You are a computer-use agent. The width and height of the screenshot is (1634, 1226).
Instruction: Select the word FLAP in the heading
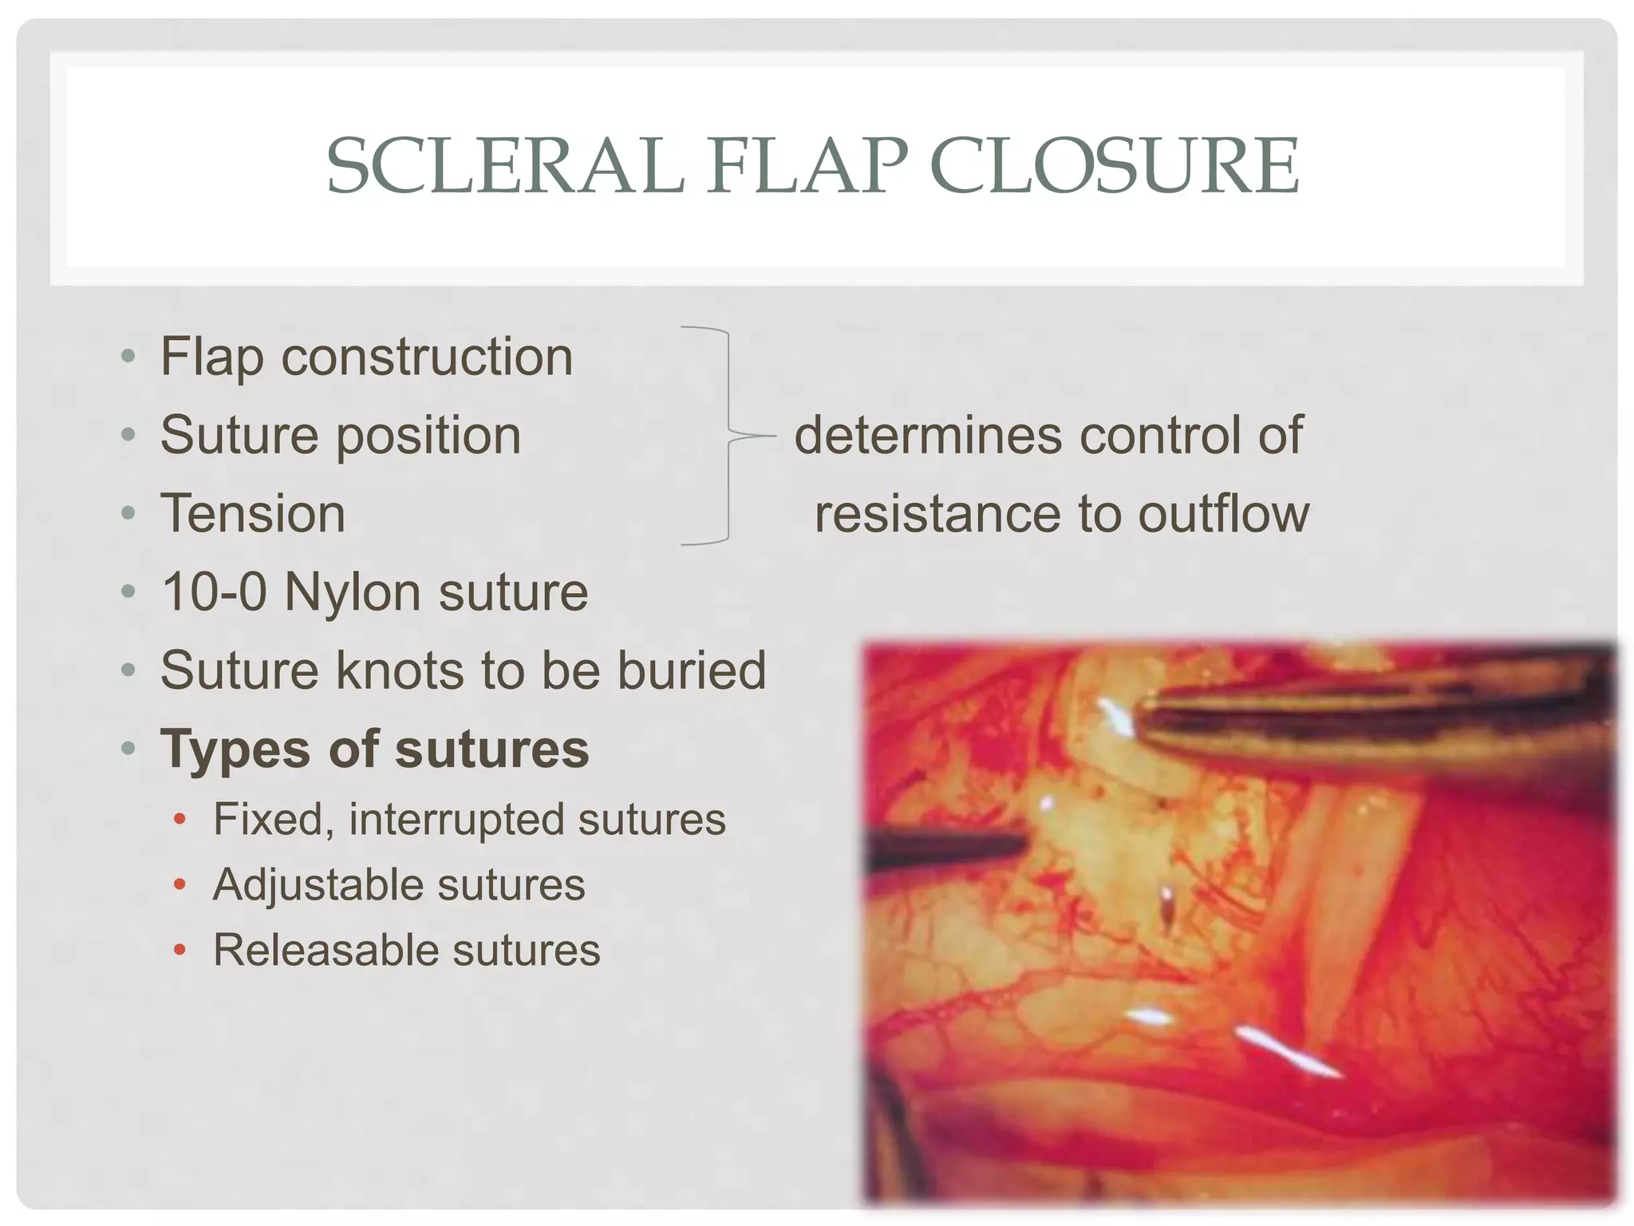(807, 165)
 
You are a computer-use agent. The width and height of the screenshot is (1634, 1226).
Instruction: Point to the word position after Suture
(428, 436)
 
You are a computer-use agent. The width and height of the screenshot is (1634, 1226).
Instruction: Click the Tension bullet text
(253, 513)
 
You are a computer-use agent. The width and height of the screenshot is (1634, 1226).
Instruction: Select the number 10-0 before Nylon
(214, 592)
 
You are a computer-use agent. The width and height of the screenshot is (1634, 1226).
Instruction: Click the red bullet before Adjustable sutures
(180, 884)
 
